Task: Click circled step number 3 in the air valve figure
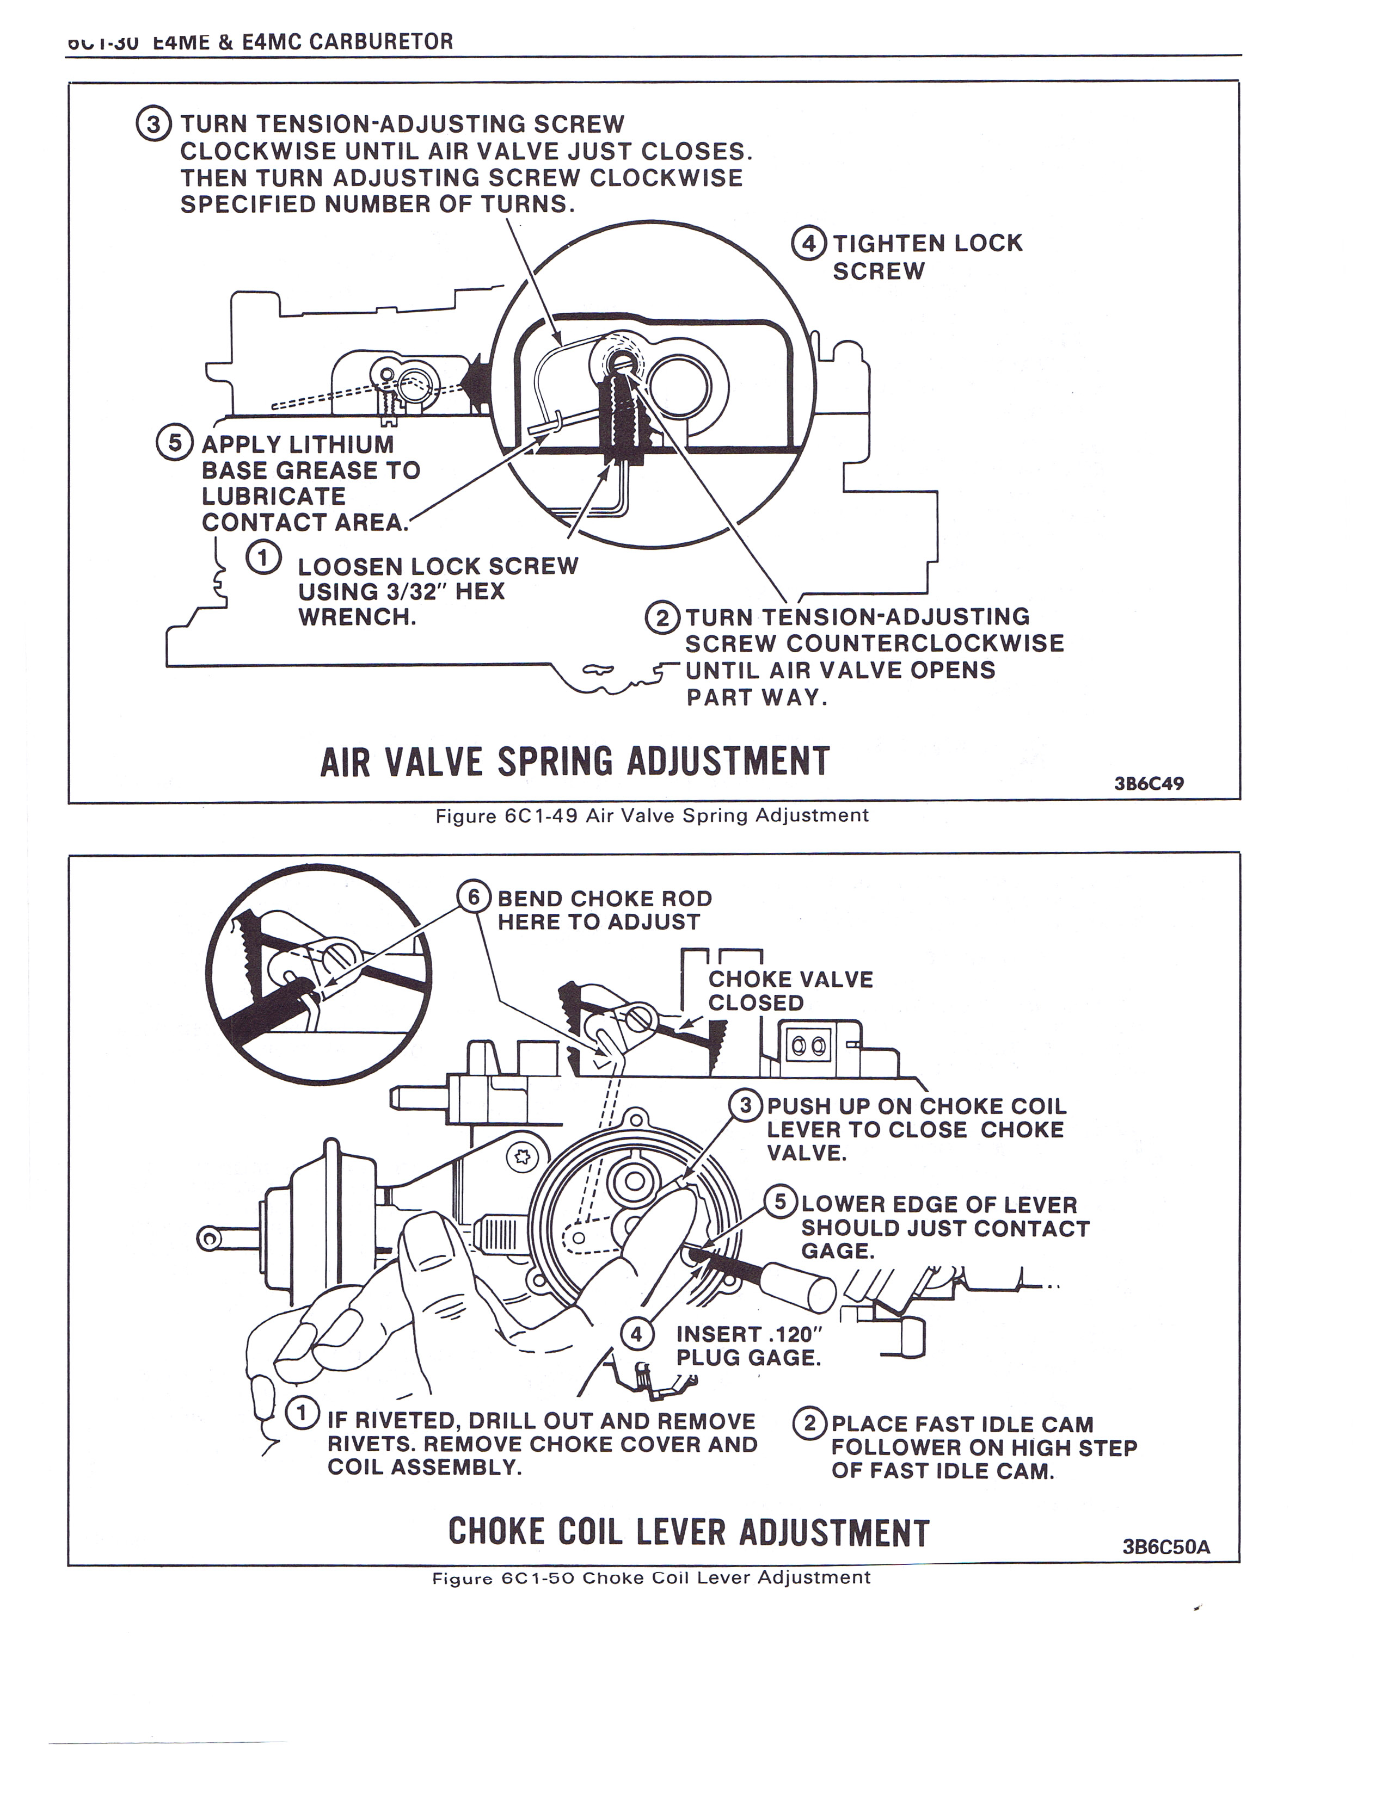[x=153, y=126]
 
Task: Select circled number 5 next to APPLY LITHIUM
[x=174, y=444]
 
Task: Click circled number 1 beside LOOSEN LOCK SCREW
[x=263, y=558]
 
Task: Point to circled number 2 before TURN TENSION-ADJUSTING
[x=663, y=617]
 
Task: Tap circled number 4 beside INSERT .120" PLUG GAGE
[x=636, y=1333]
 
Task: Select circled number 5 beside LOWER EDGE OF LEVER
[x=781, y=1203]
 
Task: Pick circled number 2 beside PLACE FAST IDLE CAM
[x=810, y=1423]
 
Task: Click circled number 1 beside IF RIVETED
[x=302, y=1413]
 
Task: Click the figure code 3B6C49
[x=1149, y=783]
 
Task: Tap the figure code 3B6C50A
[x=1166, y=1547]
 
